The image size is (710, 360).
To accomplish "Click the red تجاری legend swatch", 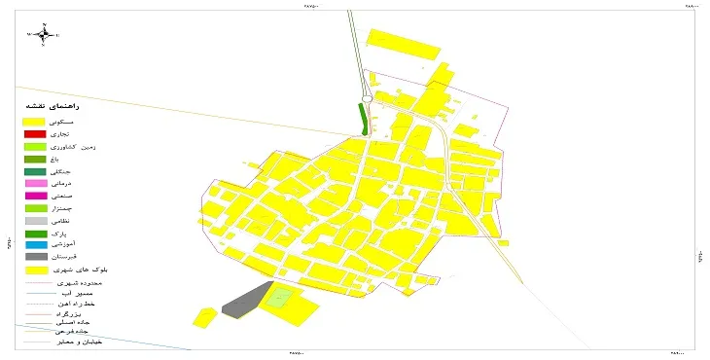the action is click(35, 133).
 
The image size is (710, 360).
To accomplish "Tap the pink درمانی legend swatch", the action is click(35, 183).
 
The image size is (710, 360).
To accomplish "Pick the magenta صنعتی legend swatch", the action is click(35, 196).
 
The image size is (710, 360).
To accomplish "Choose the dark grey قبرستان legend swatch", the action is click(35, 256).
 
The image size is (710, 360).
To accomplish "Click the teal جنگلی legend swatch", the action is click(35, 171).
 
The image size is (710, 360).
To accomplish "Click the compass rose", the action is click(44, 34).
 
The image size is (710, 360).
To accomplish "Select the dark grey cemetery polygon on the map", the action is click(243, 298).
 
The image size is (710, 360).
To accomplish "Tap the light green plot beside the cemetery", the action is click(279, 298).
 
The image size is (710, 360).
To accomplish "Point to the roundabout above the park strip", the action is click(368, 96).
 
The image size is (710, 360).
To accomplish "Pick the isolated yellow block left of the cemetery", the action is click(204, 317).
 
